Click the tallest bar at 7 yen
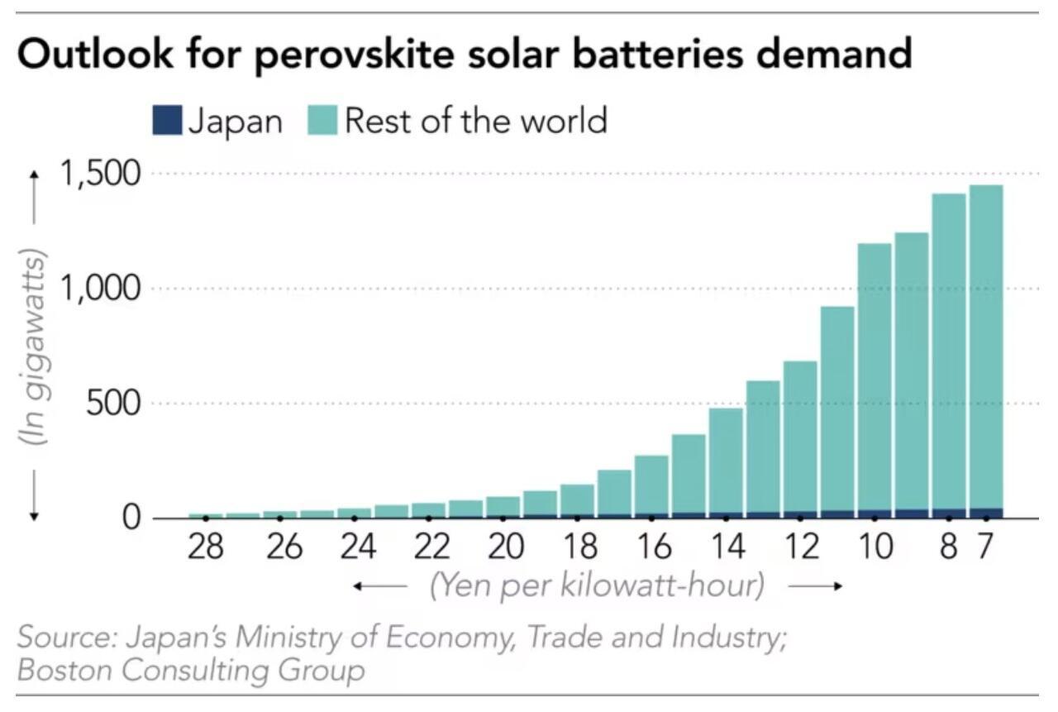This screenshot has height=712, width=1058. (x=986, y=347)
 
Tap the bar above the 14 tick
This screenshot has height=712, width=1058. (x=726, y=463)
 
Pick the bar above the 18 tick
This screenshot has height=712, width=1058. (x=577, y=500)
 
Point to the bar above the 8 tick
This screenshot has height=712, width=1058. (x=949, y=356)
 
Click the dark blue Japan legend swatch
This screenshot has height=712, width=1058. (x=167, y=122)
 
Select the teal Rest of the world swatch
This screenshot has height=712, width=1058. (x=322, y=122)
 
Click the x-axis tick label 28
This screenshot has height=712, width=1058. (x=205, y=547)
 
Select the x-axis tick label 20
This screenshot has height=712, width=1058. (x=503, y=547)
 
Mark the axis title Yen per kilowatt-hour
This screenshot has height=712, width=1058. (x=597, y=586)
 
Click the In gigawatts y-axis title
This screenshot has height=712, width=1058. (x=35, y=347)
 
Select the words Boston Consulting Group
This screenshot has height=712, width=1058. (x=190, y=669)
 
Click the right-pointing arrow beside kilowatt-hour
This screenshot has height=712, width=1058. (x=815, y=586)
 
